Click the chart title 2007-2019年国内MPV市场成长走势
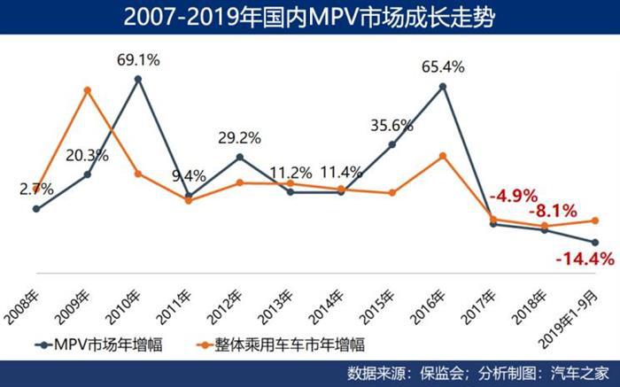309,17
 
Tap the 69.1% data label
138,61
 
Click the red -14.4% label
584,259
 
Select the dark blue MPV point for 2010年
138,79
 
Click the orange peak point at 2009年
87,89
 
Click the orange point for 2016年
443,156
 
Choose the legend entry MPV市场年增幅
97,342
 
